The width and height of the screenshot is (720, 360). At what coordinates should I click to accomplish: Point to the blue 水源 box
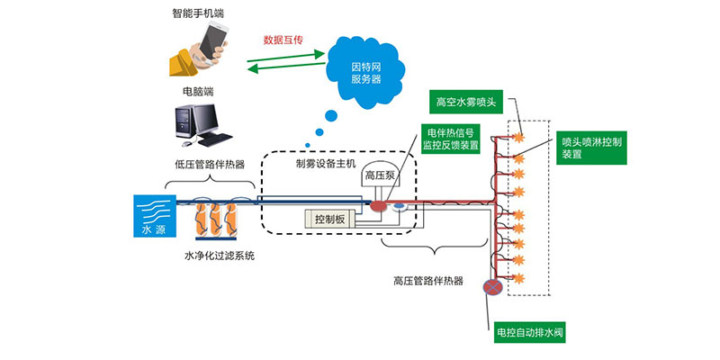pyautogui.click(x=148, y=215)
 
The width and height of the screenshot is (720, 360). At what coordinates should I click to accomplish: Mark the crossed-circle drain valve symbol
pyautogui.click(x=492, y=287)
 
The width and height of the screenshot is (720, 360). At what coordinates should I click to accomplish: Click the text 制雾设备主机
pyautogui.click(x=326, y=164)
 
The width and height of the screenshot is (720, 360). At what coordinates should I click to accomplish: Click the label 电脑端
pyautogui.click(x=196, y=91)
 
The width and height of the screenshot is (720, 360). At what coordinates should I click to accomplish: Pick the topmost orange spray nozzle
pyautogui.click(x=519, y=136)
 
